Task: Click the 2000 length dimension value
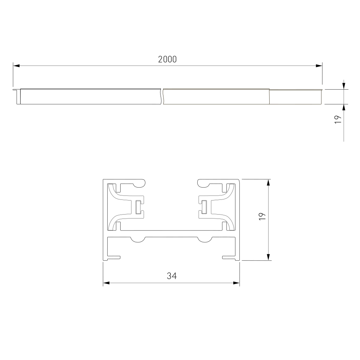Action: pos(167,59)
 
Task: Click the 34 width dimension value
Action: pos(172,276)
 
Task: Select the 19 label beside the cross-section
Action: pos(262,216)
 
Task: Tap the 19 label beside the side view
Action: pos(338,120)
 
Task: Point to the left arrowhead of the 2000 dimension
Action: pos(16,66)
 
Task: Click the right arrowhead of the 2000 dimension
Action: pos(319,66)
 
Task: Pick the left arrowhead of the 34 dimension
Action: pos(106,283)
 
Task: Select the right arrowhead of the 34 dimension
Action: pos(236,283)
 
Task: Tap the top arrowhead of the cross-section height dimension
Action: pos(269,183)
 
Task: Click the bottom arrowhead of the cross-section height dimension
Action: pos(269,257)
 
